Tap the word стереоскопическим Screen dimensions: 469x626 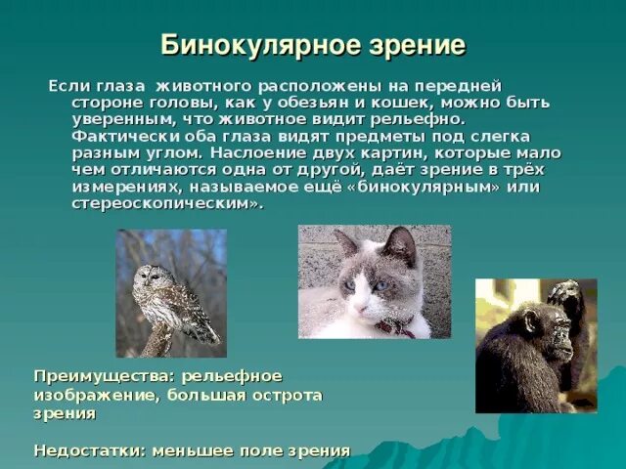coord(164,203)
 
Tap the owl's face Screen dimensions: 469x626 coord(152,278)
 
